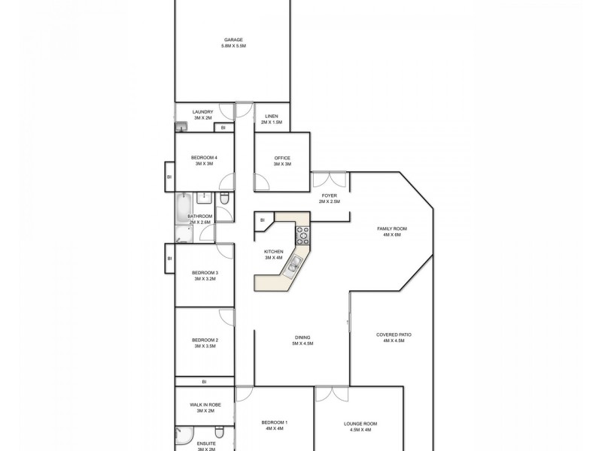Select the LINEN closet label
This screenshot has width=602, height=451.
pos(271,119)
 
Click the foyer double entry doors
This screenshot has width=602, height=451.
pos(330,180)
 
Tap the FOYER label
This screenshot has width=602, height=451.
pos(330,198)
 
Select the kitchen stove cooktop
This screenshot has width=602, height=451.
pos(303,235)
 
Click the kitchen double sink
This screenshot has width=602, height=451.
pos(296,262)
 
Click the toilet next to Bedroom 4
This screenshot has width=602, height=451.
pos(225,199)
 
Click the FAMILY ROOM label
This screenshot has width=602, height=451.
pos(392,231)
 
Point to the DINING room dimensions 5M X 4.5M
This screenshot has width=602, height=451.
pos(302,344)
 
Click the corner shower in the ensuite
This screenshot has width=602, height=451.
pos(184,437)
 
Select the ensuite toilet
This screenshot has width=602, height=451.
pos(219,433)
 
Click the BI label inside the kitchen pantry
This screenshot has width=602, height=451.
pos(263,220)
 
